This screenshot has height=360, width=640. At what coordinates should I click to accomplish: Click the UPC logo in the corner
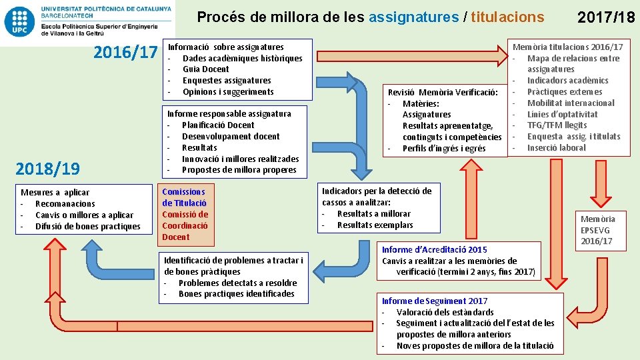[20, 22]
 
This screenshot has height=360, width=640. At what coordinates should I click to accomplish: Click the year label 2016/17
[125, 52]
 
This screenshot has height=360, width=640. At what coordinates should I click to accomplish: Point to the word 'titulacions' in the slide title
[507, 17]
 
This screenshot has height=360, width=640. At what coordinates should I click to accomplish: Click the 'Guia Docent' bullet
[205, 69]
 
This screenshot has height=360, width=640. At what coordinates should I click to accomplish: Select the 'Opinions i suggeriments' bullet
[228, 92]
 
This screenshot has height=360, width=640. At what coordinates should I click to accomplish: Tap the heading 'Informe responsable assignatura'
[229, 114]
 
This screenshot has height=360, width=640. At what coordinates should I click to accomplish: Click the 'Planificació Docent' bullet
[218, 125]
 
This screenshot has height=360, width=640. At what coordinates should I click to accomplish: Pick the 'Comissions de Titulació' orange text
[184, 197]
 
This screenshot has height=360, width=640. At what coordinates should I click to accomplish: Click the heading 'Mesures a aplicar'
[55, 193]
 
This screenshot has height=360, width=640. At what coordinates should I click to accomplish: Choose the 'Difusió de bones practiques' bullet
[87, 227]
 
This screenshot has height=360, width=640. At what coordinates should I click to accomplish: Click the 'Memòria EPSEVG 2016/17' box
[598, 230]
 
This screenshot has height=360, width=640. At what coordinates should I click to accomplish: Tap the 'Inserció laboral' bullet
[556, 148]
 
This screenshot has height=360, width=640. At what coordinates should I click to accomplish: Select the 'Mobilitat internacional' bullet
[571, 103]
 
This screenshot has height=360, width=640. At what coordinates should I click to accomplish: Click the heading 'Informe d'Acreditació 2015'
[434, 250]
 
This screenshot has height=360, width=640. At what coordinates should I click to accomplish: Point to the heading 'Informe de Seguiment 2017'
[434, 301]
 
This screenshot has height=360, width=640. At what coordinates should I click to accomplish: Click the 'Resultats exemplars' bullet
[375, 225]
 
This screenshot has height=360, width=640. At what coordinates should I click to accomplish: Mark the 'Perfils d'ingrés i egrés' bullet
[444, 149]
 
